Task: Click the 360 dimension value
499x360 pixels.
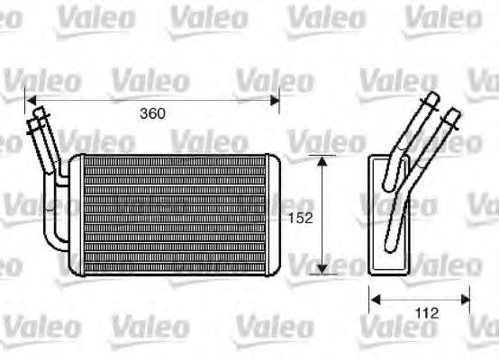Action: [152, 114]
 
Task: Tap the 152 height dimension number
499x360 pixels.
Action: [300, 217]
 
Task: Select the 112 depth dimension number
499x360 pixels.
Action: [427, 313]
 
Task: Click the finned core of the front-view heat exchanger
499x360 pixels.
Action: [172, 214]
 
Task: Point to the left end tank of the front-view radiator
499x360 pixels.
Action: [77, 214]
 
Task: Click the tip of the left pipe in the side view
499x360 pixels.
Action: [431, 98]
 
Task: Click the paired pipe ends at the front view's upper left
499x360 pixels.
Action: [39, 118]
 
